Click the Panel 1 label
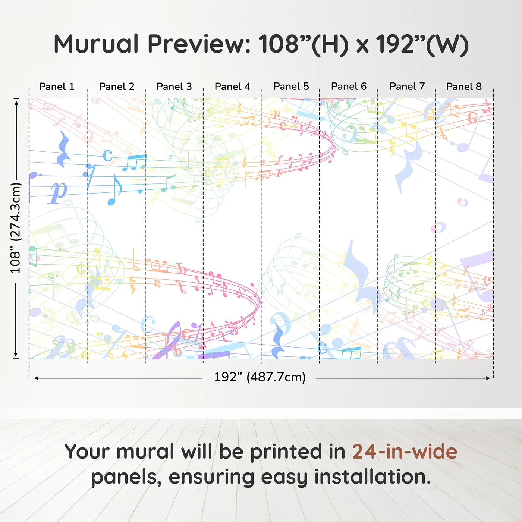coord(57,87)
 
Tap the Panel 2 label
coord(116,87)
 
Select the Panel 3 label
coord(174,87)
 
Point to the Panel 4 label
coord(232,87)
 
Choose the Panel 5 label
coord(291,87)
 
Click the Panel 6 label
coord(349,87)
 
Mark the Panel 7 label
coord(407,87)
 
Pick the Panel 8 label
coord(464,87)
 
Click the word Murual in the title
coord(96,44)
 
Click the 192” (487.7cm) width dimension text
coord(260,377)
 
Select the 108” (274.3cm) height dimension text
coord(16,228)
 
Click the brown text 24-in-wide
coord(405,452)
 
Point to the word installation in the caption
coord(372,477)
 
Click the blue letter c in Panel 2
coord(107,155)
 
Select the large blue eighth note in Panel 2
coord(114,190)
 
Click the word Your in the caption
coord(87,452)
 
